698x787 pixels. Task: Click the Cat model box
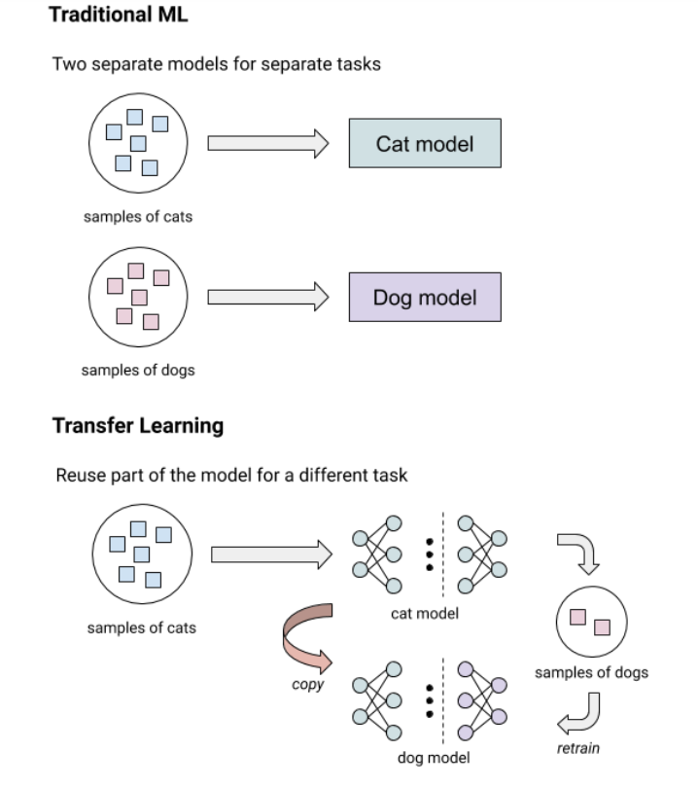tap(425, 143)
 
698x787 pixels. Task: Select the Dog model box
tap(425, 297)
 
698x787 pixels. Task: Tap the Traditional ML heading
tap(119, 14)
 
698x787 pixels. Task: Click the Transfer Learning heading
tap(138, 426)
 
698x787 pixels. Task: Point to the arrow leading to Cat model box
tap(268, 144)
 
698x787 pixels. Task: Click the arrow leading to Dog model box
tap(268, 297)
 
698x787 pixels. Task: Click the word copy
tap(308, 685)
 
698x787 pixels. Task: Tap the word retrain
tap(578, 748)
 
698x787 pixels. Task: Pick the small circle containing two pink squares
tap(592, 622)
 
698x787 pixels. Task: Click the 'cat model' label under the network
tap(425, 613)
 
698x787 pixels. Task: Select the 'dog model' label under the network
tap(434, 758)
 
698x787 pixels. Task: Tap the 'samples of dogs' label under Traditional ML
tap(138, 371)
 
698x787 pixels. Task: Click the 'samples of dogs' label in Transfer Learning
tap(592, 672)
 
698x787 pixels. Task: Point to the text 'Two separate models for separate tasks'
tap(217, 64)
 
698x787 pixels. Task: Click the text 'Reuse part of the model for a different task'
tap(231, 475)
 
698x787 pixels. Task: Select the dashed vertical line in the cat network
tap(442, 554)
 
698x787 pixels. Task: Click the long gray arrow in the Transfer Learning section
tap(272, 554)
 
